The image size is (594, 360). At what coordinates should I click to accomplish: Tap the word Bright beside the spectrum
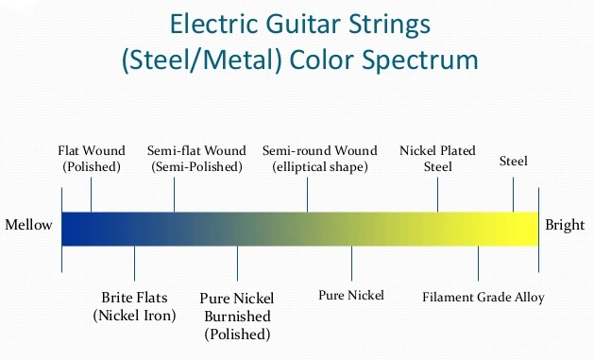564,226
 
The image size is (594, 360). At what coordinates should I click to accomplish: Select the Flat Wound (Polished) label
91,159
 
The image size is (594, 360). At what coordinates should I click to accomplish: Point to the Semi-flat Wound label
196,159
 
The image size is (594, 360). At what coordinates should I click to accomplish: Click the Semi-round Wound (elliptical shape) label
319,159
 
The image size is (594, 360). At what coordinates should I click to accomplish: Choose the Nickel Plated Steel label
437,159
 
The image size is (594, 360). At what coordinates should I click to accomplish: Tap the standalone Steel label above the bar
513,162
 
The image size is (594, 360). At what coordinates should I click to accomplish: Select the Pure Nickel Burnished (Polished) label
236,316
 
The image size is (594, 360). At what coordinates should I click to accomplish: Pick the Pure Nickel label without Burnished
351,296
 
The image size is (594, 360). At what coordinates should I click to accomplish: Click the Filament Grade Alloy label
484,298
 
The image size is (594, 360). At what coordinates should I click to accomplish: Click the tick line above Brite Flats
134,261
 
